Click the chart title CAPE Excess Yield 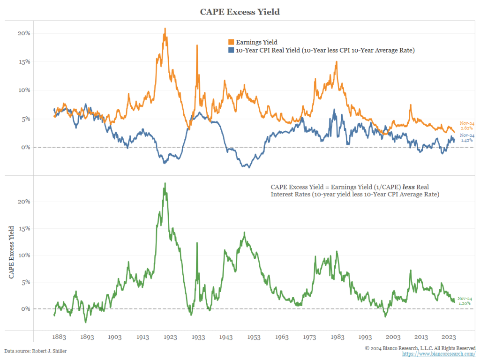(240, 12)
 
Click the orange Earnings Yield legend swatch (231, 42)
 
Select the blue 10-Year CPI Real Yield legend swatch (231, 50)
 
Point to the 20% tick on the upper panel (24, 33)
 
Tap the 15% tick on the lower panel (24, 229)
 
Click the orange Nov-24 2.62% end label (466, 125)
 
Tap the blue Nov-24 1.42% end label (466, 137)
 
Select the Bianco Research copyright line (420, 348)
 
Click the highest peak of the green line (165, 183)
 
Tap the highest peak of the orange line (165, 29)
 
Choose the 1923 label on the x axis (171, 337)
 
